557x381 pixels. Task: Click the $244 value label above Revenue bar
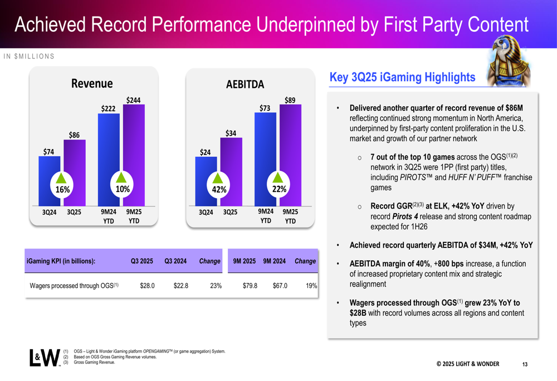[x=133, y=100]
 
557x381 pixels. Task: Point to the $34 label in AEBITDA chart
[x=231, y=133]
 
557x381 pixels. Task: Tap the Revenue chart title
[x=92, y=83]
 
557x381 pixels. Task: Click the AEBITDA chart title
[x=245, y=85]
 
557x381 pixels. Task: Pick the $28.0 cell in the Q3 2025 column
[x=147, y=286]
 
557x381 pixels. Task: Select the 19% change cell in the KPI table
[x=311, y=286]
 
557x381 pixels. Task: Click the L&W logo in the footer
[x=45, y=358]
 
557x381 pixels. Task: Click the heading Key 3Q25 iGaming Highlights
[x=402, y=77]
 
